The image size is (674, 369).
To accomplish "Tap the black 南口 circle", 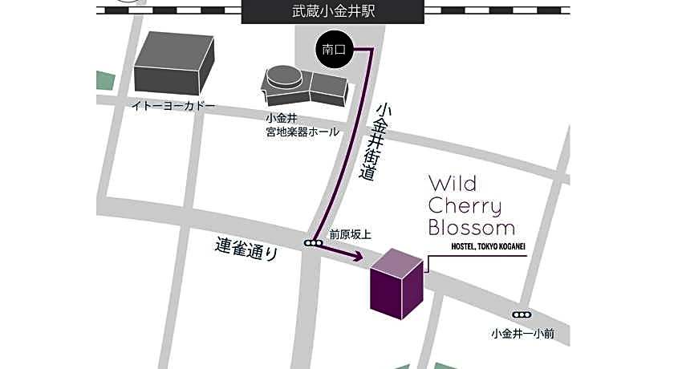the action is (x=333, y=50).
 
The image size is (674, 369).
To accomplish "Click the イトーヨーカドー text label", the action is (x=174, y=106).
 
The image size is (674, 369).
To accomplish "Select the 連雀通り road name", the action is (x=246, y=248).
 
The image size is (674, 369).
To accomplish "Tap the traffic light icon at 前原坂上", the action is (x=313, y=242).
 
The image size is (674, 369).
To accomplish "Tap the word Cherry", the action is (x=465, y=206).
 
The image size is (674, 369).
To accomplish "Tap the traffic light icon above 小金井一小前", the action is (x=522, y=314).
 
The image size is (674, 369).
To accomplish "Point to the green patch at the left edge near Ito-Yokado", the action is (x=104, y=80).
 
